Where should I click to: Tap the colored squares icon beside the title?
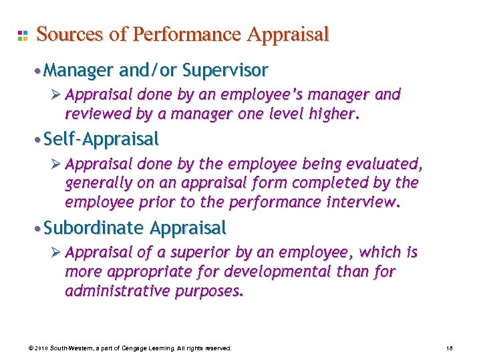(22, 35)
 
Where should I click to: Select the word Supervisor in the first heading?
(225, 70)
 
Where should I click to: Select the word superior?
(196, 253)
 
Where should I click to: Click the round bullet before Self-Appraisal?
(23, 140)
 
